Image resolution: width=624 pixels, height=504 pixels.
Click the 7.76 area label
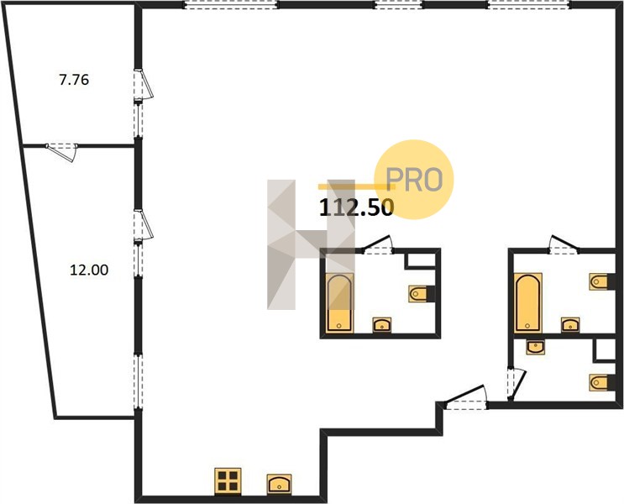coord(74,80)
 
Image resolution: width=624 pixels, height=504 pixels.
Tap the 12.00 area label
coord(89,270)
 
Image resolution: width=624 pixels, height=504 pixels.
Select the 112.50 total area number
coord(357,207)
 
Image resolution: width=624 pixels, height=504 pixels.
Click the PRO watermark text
coord(414,180)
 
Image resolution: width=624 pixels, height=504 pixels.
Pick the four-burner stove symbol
coord(228,481)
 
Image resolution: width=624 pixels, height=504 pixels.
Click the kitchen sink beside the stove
coord(279,485)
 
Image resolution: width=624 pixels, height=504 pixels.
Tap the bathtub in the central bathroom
coord(339,302)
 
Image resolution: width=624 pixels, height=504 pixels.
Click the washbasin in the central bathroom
coord(381,325)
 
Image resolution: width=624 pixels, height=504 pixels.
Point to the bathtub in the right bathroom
coord(527,302)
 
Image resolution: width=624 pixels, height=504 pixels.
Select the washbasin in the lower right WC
coord(535,347)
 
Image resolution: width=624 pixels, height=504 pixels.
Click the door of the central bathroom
coord(377,245)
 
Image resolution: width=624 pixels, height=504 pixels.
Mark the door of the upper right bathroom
coord(564,244)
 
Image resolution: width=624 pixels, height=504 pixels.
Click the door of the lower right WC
coord(517,385)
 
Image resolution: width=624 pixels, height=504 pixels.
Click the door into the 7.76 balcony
coord(143,85)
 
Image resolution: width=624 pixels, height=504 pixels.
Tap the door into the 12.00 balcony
coord(143,225)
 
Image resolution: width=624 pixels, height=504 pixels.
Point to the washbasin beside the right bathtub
coord(570,325)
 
